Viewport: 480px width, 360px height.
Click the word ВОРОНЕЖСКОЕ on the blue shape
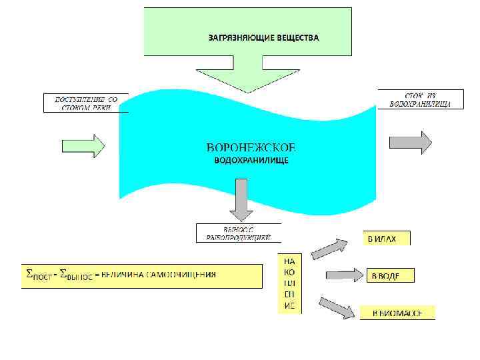pos(251,147)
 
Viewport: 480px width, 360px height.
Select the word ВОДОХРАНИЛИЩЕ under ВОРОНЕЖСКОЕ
pos(251,161)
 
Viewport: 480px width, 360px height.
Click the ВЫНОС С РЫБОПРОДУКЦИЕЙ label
pos(238,233)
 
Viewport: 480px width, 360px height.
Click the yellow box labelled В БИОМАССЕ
pos(397,312)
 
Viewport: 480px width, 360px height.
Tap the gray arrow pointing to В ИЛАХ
pos(330,247)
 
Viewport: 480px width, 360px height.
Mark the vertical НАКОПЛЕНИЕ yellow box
pos(289,283)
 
